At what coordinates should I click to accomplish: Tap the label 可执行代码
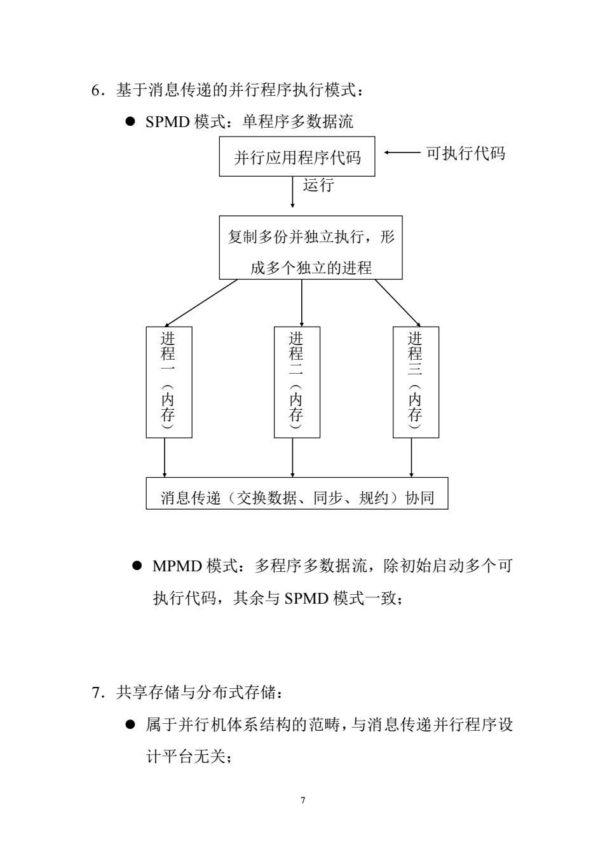[465, 153]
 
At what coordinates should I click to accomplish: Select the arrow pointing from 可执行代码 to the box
[402, 153]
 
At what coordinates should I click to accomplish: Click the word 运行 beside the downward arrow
[318, 185]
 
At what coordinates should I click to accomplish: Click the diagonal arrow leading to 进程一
[201, 303]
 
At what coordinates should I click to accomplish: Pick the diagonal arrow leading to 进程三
[397, 303]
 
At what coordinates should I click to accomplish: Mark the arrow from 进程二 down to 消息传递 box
[292, 458]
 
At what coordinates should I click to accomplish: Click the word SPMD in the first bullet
[167, 122]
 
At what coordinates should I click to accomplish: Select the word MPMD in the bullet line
[177, 566]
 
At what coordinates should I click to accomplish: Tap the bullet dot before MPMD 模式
[137, 566]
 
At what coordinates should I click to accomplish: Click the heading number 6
[95, 91]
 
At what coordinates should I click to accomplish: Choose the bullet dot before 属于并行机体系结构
[130, 724]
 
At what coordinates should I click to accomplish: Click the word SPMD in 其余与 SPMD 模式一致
[306, 598]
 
